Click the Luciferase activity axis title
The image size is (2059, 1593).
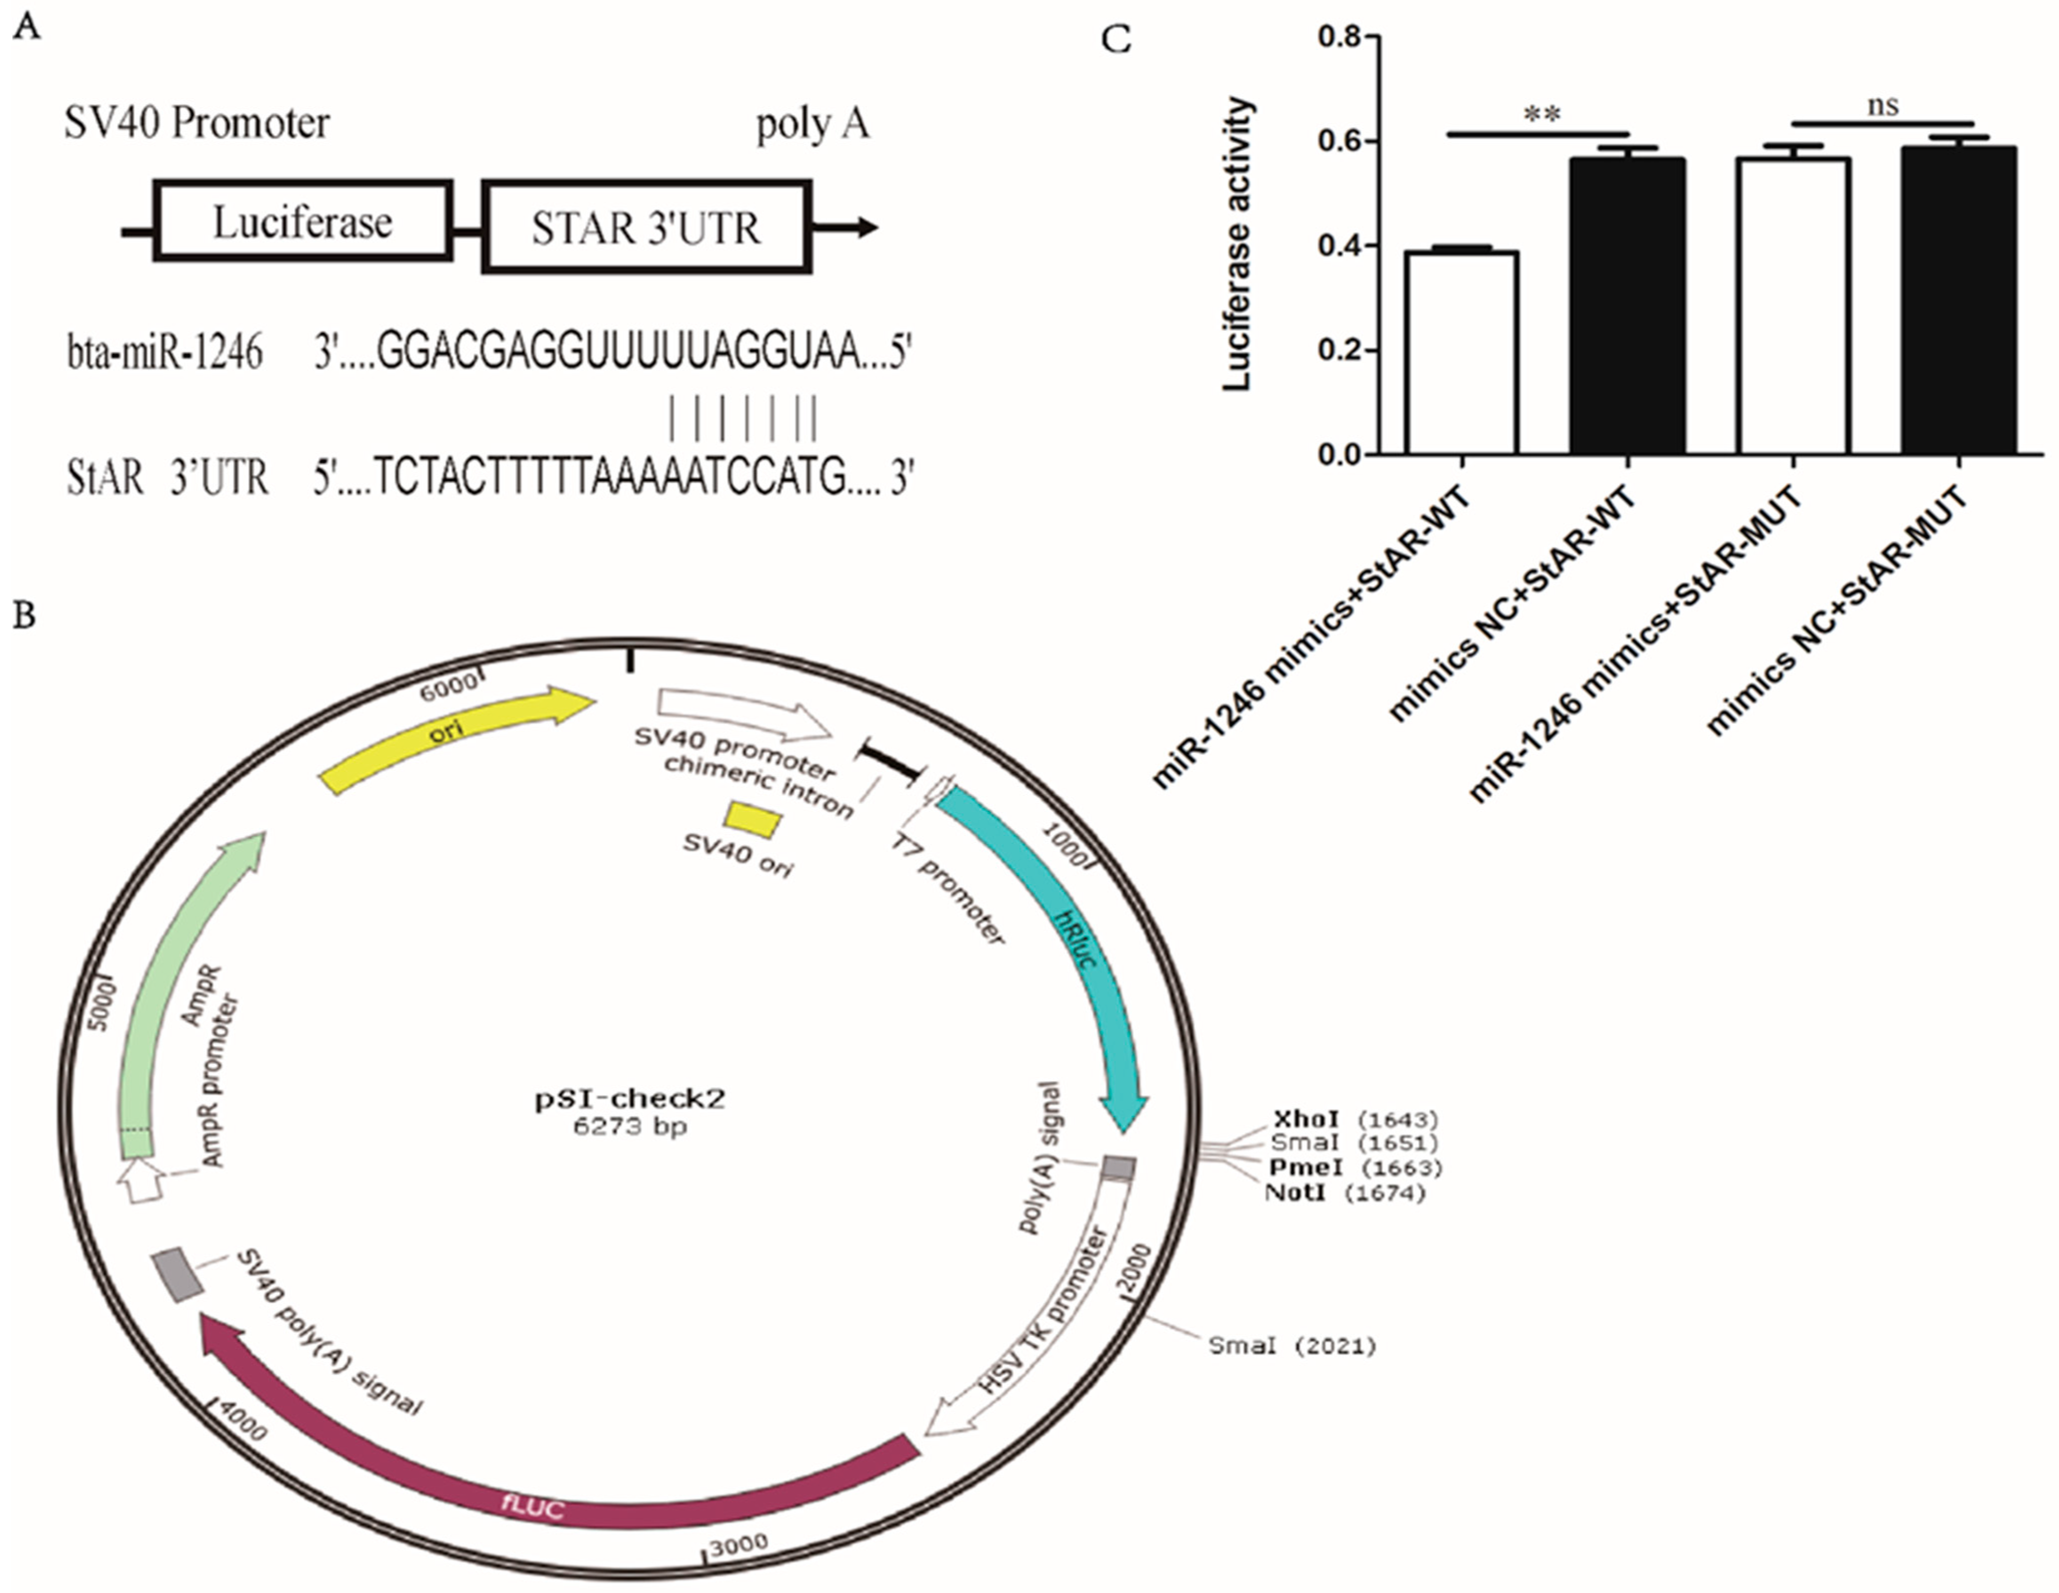coord(1239,243)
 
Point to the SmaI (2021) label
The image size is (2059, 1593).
coord(1291,1346)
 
